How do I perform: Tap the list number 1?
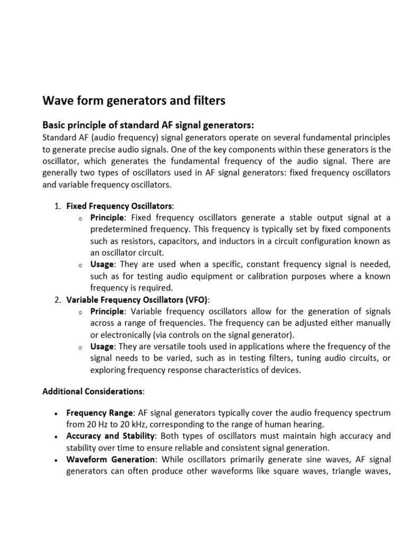click(x=57, y=205)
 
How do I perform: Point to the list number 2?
click(x=57, y=300)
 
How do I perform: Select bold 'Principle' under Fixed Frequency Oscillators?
click(x=107, y=217)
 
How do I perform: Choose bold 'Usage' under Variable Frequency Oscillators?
click(x=102, y=346)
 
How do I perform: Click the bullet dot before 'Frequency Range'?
click(x=56, y=413)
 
